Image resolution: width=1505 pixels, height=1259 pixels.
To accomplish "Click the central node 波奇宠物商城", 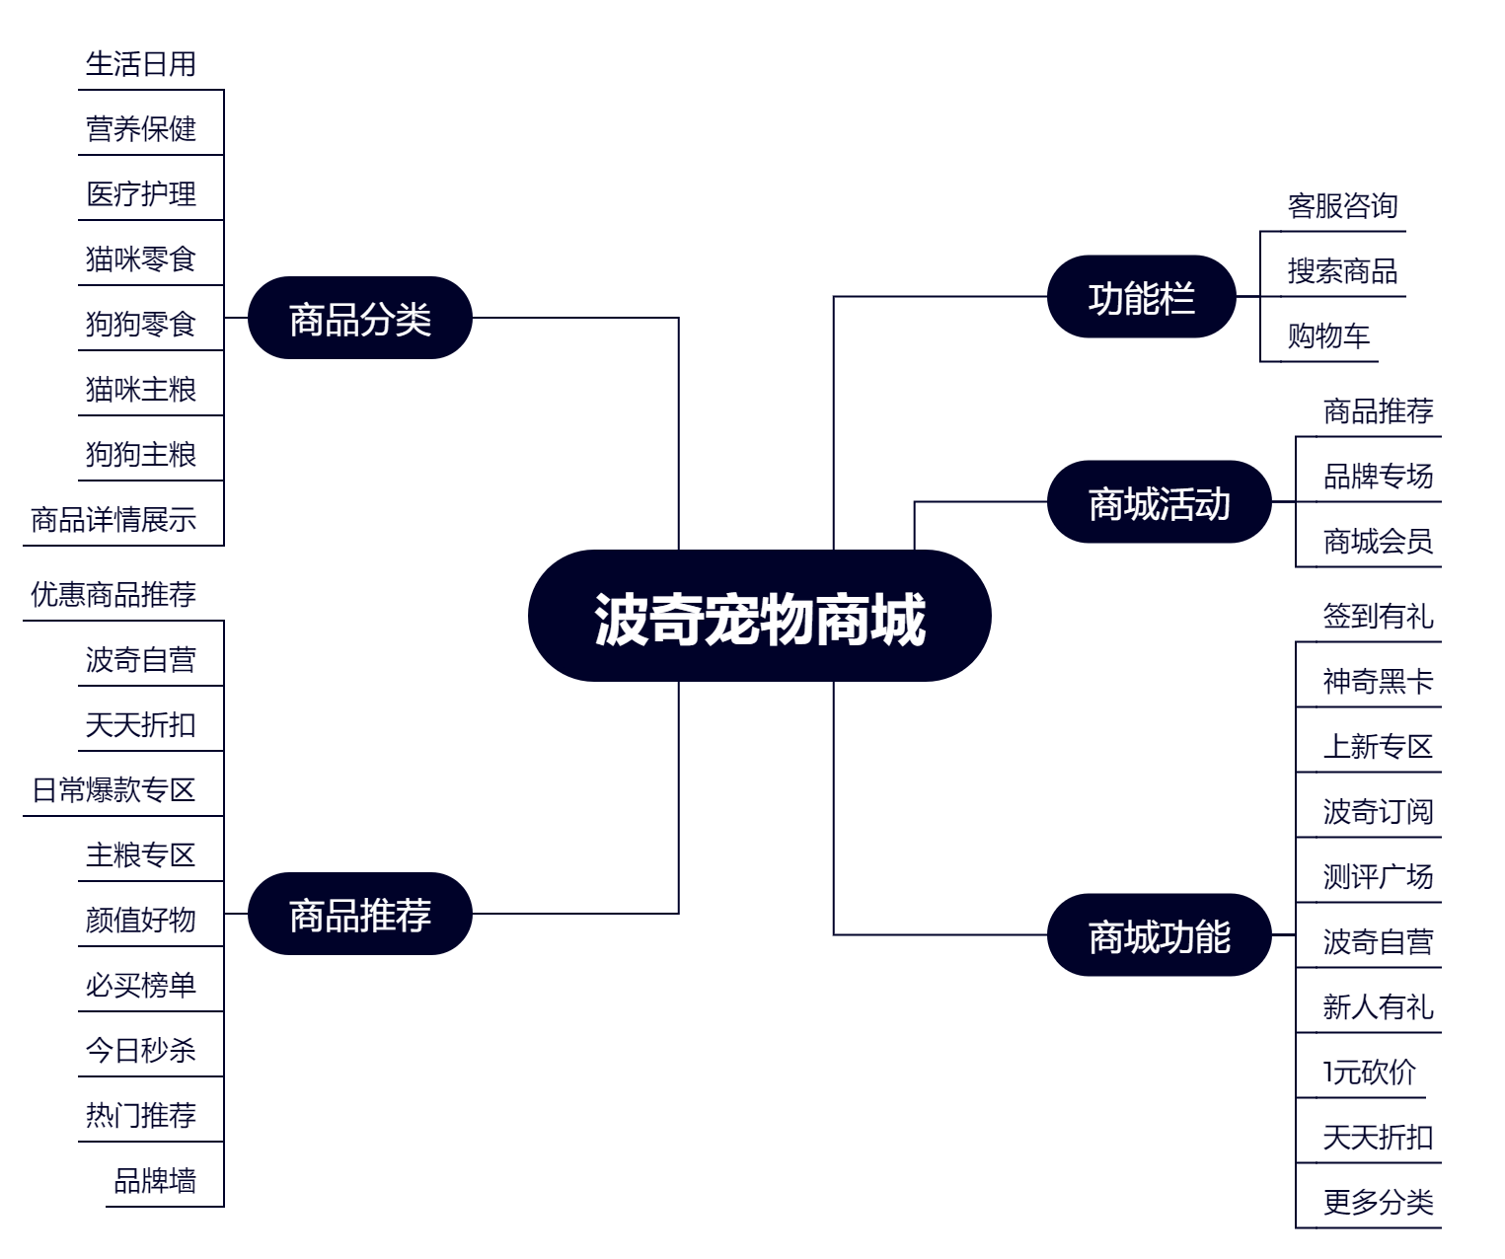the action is [760, 616].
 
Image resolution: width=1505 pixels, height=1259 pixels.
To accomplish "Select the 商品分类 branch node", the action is [359, 318].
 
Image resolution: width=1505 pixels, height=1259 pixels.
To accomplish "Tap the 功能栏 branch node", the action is [1141, 296].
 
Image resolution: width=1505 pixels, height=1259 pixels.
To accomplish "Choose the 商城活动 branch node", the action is [1159, 501].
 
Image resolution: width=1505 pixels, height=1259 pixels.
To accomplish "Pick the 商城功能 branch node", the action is [1159, 934].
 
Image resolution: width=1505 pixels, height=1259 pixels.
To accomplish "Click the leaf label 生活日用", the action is [141, 64].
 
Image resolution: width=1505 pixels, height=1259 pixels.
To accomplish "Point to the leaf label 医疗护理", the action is [141, 193].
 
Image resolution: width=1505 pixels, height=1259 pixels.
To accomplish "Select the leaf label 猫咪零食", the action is [141, 259].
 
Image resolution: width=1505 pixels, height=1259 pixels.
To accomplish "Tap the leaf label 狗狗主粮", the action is [141, 455].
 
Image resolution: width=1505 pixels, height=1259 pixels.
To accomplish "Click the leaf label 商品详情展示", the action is [113, 520].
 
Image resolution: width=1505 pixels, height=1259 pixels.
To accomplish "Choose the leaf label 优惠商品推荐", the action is [113, 595].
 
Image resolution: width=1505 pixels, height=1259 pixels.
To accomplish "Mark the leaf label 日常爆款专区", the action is [113, 790].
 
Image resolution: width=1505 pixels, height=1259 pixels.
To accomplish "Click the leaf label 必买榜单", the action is [141, 985].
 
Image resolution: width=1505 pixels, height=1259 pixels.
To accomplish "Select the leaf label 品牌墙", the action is [155, 1180].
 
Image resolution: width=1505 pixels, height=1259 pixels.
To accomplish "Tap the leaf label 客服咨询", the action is [1343, 206].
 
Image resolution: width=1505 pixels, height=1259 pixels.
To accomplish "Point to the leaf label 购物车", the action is [1328, 335].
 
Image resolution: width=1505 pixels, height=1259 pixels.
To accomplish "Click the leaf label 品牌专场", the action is [1378, 477].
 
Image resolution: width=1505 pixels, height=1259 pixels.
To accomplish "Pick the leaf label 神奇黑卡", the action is [1378, 682].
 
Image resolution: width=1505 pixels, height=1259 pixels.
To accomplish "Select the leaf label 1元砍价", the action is [1370, 1073].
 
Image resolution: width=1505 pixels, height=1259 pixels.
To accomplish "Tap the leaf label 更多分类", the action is [1378, 1202].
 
